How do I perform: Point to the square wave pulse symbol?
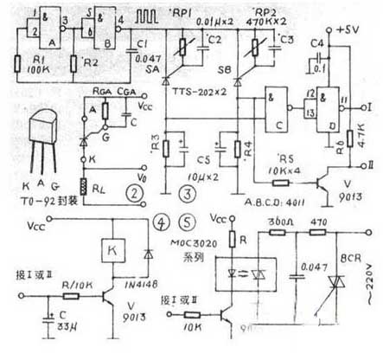point(138,15)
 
